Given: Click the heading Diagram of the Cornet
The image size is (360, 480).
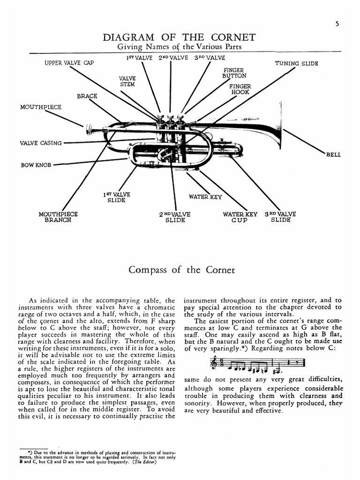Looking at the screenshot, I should click(180, 37).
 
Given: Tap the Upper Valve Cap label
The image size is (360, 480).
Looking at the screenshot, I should click(69, 63).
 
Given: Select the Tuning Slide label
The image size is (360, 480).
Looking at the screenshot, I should click(296, 63).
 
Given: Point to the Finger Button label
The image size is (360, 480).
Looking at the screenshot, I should click(234, 73).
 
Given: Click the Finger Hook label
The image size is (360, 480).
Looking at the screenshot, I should click(240, 90).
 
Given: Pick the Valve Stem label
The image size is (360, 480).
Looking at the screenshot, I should click(127, 82).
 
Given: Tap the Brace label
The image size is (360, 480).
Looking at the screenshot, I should click(87, 96).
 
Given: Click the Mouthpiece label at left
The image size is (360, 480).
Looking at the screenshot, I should click(40, 107).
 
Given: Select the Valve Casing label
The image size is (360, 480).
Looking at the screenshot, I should click(41, 143).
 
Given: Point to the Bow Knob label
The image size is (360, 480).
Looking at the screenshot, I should click(36, 165).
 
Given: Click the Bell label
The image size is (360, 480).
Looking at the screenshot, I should click(333, 155).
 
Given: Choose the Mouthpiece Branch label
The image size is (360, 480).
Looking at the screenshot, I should click(58, 217).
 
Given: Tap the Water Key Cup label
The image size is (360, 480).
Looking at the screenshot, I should click(240, 217).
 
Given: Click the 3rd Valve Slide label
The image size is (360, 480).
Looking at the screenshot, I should click(280, 217).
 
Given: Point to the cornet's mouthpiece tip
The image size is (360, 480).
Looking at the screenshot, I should click(88, 127).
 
